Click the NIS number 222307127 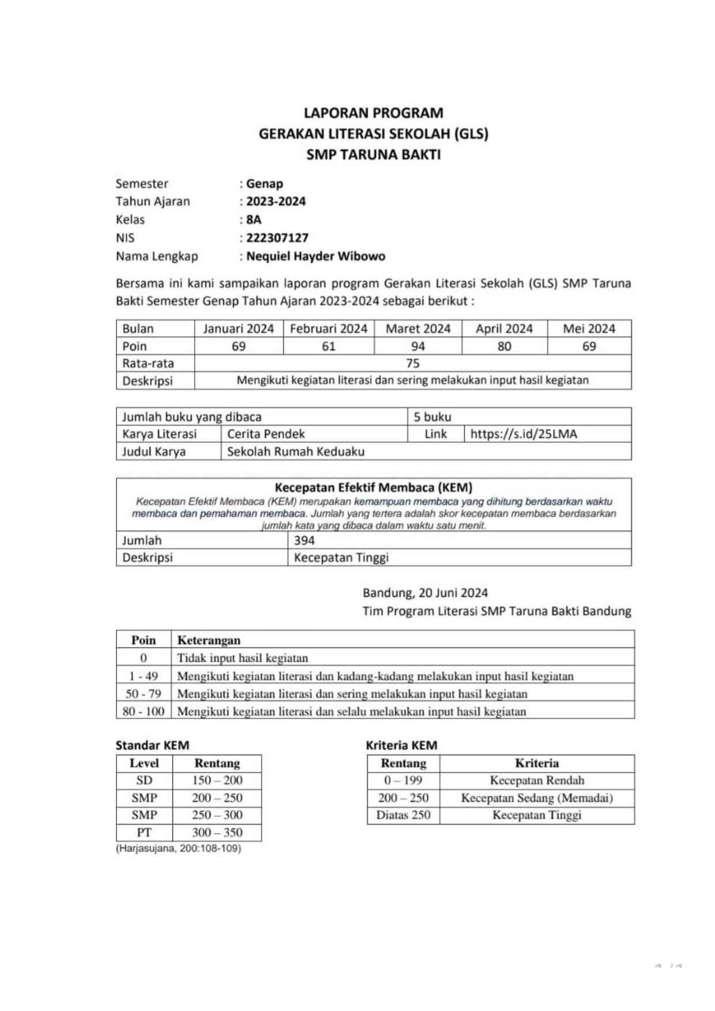tap(277, 238)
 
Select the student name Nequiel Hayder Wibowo tap(316, 256)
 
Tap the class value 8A tap(254, 219)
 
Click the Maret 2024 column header tap(418, 329)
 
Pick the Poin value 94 tap(418, 346)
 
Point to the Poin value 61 tap(328, 346)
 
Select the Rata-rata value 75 tap(413, 363)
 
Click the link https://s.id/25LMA tap(523, 434)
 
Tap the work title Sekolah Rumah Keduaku tap(296, 452)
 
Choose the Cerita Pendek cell tap(266, 434)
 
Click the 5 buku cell tap(432, 417)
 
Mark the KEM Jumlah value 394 tap(304, 540)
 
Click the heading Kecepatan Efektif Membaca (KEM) tap(373, 488)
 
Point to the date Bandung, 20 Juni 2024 tap(425, 593)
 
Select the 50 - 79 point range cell tap(143, 694)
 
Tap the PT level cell tap(144, 832)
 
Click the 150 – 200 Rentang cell tap(217, 781)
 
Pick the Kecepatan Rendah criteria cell tap(536, 781)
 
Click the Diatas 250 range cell tap(403, 815)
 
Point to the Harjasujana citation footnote tap(178, 849)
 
